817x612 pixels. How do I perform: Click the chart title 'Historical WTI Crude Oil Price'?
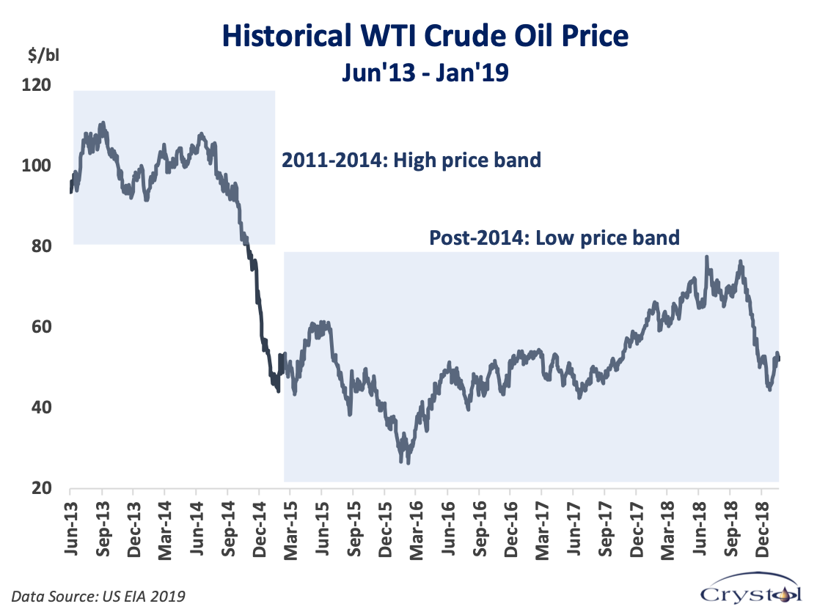(x=425, y=36)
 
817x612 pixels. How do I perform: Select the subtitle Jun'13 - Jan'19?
(x=425, y=72)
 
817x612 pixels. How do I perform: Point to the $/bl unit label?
(x=43, y=55)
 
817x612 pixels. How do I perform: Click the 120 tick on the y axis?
(x=36, y=84)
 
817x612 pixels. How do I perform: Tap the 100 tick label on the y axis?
(x=36, y=166)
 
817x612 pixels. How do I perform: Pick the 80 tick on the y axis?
(x=41, y=246)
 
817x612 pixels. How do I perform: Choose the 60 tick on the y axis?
(x=41, y=327)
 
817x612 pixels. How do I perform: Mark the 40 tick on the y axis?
(x=41, y=408)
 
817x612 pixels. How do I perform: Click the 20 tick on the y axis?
(x=41, y=489)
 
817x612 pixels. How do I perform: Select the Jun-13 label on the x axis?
(x=71, y=528)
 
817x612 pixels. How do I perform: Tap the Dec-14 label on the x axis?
(x=260, y=529)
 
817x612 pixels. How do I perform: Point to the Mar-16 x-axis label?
(x=417, y=530)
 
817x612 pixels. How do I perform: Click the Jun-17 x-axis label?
(x=574, y=528)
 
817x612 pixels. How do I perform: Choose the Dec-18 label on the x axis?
(x=762, y=529)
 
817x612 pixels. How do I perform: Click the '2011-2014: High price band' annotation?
(x=411, y=161)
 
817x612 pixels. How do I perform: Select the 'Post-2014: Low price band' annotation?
(x=554, y=238)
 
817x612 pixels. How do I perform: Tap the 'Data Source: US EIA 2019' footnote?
(x=98, y=596)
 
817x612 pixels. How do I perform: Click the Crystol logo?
(x=751, y=589)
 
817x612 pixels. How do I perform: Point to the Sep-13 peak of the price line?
(x=103, y=123)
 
